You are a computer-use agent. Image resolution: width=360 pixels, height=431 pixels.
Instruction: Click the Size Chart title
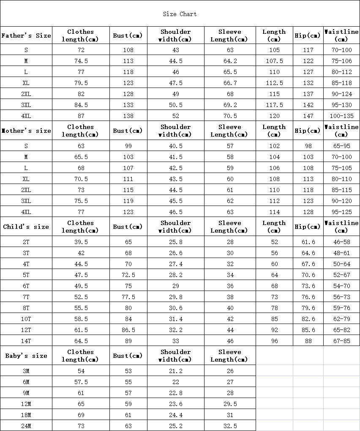click(180, 14)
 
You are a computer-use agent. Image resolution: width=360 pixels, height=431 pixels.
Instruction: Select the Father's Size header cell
click(26, 36)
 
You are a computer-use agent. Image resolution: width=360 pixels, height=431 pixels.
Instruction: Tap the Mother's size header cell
click(26, 131)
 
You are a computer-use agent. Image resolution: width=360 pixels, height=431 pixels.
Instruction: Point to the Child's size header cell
click(26, 227)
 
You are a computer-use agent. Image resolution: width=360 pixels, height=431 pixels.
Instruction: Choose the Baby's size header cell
click(26, 356)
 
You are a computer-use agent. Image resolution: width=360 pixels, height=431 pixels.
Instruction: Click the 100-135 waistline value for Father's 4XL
click(341, 116)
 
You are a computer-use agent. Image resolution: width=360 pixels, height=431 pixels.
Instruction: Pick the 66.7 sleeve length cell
click(230, 83)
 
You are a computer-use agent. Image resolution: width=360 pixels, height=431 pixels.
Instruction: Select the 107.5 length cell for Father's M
click(274, 61)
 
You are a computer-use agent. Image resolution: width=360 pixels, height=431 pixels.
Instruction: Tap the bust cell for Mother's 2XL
click(128, 190)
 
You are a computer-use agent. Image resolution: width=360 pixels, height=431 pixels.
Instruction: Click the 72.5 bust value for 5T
click(128, 275)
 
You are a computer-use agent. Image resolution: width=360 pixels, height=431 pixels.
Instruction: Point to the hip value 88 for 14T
click(308, 341)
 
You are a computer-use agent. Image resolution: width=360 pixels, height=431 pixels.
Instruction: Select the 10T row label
click(26, 319)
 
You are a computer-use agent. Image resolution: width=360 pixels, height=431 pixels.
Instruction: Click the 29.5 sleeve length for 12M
click(230, 404)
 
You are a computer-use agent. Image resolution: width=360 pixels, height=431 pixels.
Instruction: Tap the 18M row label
click(26, 415)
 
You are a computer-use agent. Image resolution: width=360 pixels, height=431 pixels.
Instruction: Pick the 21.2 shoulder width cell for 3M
click(176, 371)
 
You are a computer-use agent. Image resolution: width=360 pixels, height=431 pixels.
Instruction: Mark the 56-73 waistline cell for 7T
click(341, 297)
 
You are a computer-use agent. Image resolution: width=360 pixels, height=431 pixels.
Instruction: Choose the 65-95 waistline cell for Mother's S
click(341, 146)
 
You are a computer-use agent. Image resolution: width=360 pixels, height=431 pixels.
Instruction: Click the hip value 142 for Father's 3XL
click(308, 105)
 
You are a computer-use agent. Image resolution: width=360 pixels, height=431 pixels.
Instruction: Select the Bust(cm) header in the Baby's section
click(128, 356)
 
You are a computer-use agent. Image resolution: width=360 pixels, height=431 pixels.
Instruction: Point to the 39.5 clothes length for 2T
click(81, 242)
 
